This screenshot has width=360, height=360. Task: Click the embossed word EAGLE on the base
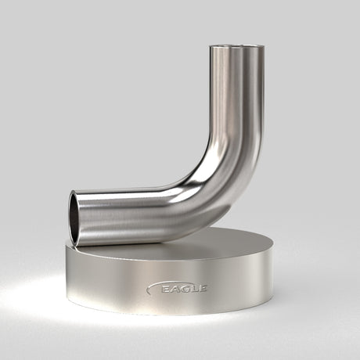coord(184,289)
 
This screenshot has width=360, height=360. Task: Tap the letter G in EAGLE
coord(185,289)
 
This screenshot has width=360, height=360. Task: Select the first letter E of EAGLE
coord(165,289)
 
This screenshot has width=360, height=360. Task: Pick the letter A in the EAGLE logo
coord(175,289)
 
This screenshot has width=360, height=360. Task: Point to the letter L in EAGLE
coord(194,289)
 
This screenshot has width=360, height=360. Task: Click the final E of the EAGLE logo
coord(203,289)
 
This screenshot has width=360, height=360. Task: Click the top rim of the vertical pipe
coord(237,48)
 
